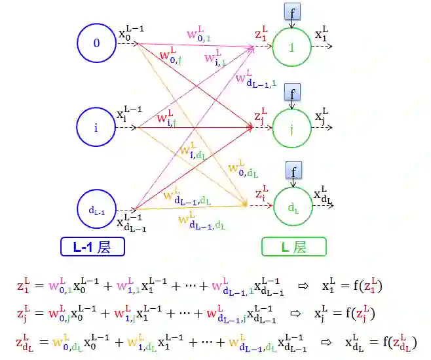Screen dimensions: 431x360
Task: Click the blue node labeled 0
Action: point(96,44)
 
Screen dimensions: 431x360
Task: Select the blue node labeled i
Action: point(96,128)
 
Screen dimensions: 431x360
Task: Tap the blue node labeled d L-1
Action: point(96,210)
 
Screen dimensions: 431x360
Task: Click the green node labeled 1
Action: point(292,47)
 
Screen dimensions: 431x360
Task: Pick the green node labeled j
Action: point(292,129)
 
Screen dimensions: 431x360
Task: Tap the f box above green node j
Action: point(293,92)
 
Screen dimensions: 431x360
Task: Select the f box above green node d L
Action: point(293,172)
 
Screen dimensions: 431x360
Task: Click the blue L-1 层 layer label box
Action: point(92,247)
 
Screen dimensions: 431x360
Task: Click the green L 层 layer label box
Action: point(293,247)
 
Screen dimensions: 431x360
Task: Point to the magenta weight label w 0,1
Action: point(199,35)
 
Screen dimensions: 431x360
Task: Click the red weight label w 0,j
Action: point(172,55)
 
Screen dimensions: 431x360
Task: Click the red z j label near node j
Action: point(261,115)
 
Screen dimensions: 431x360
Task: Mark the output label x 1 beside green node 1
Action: point(321,35)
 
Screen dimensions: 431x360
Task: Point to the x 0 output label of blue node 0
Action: point(130,34)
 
